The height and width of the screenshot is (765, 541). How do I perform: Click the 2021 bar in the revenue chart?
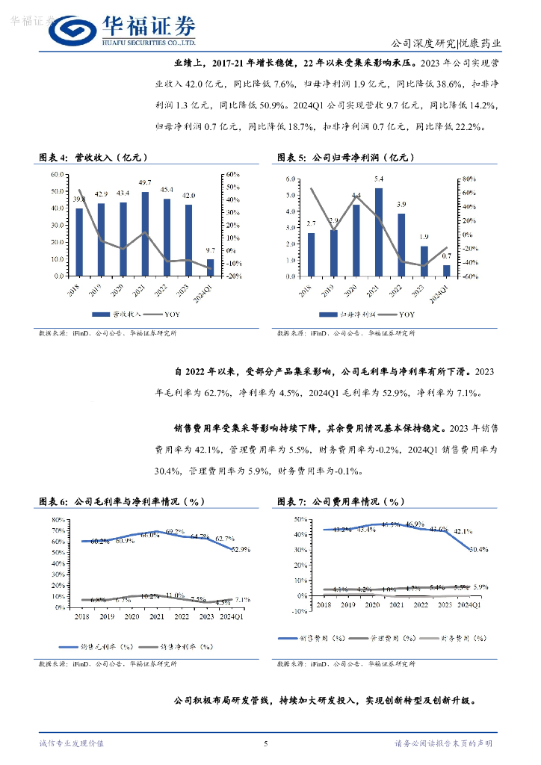pyautogui.click(x=145, y=234)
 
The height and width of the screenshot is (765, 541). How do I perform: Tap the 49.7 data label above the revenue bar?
pyautogui.click(x=145, y=183)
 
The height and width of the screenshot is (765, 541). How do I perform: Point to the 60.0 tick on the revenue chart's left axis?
pyautogui.click(x=57, y=174)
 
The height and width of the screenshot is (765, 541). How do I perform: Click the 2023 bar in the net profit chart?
pyautogui.click(x=424, y=261)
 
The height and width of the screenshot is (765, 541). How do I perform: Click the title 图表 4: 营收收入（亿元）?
pyautogui.click(x=93, y=158)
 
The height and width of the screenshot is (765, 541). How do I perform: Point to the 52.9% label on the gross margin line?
pyautogui.click(x=241, y=549)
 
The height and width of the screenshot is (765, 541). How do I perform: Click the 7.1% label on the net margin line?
pyautogui.click(x=242, y=599)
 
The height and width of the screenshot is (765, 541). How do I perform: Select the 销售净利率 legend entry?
pyautogui.click(x=167, y=647)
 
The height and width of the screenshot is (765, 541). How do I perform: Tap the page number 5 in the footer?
pyautogui.click(x=265, y=743)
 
